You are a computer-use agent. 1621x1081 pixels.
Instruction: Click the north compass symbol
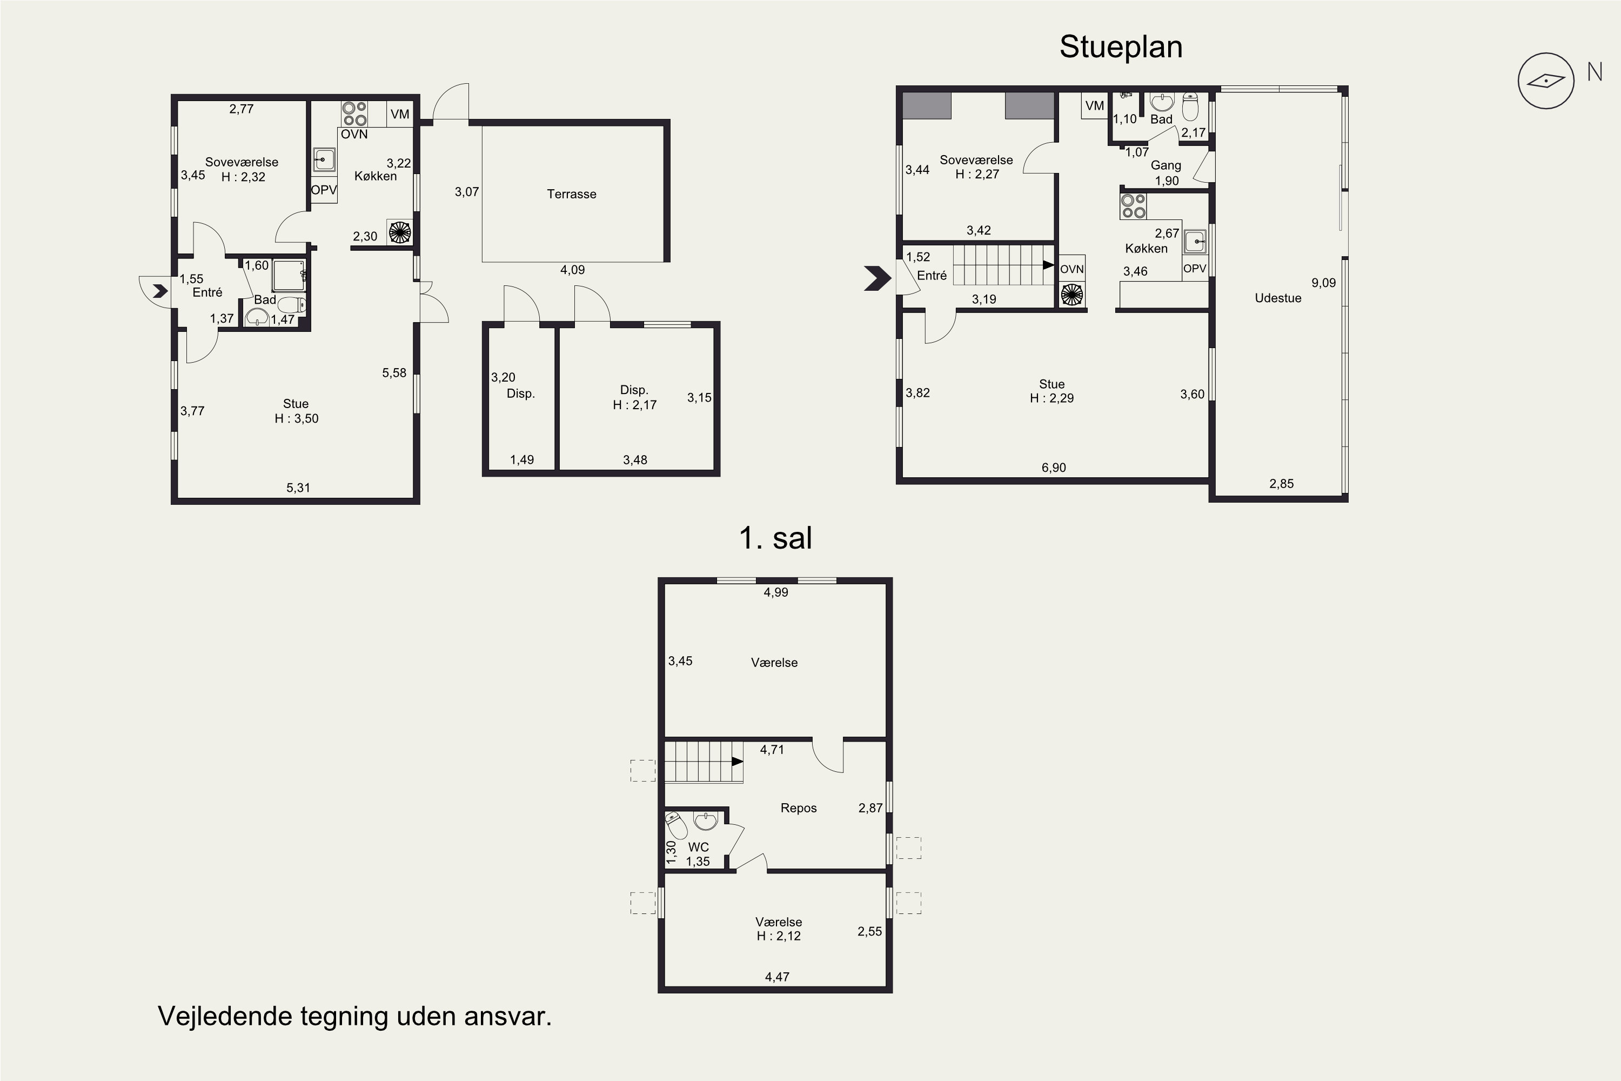1546,81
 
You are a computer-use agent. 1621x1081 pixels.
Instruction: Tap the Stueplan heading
1121,47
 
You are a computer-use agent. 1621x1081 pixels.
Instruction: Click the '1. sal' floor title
775,538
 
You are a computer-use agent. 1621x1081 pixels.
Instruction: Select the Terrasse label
571,193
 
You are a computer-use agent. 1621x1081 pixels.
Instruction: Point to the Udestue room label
1278,298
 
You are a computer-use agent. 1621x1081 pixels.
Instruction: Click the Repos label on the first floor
798,808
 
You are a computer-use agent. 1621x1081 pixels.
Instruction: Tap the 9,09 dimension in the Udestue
1323,283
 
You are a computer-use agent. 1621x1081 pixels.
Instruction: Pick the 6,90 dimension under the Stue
1053,468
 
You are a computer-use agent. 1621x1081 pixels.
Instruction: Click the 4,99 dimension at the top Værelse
775,592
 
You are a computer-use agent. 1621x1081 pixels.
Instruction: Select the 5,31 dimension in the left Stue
298,488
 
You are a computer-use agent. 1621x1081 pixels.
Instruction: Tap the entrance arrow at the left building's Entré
160,291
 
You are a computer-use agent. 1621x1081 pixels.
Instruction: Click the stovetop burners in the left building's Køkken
354,114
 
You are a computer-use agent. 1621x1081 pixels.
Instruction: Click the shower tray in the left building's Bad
289,275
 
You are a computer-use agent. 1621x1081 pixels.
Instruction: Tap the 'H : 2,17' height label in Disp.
634,405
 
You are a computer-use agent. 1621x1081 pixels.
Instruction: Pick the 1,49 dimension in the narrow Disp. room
522,460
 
